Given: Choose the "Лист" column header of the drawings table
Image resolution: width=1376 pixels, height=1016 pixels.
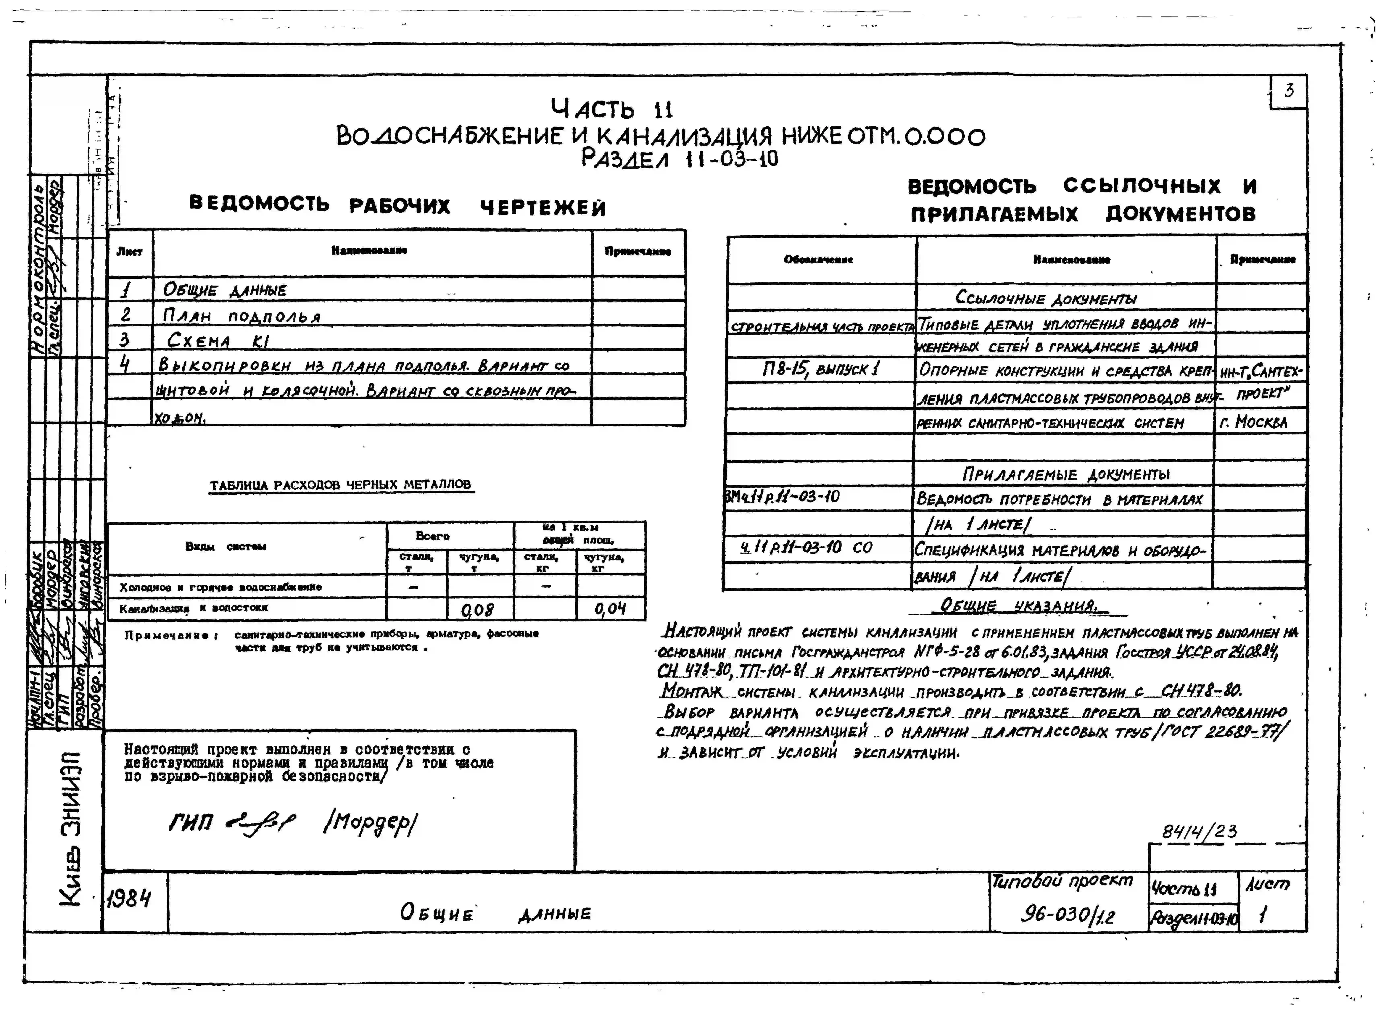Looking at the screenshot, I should click(130, 252).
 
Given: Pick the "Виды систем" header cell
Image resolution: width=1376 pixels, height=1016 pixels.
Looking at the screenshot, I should click(226, 547).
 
